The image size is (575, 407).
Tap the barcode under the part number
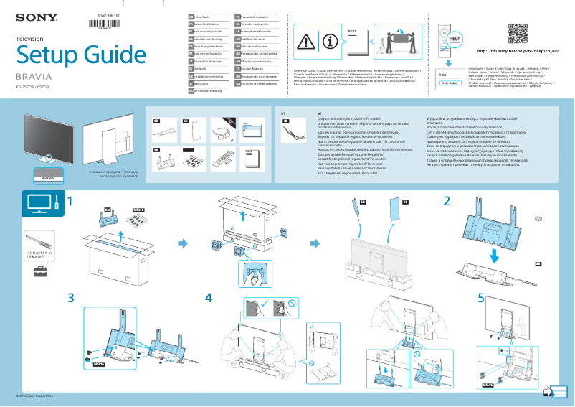pos(105,23)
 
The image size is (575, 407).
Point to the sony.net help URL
pos(515,52)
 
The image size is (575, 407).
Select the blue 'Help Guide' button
pos(450,83)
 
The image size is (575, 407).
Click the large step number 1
pos(70,201)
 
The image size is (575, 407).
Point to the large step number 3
pos(70,297)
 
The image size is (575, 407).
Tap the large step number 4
pos(209,297)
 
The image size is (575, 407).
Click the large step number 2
pos(447,201)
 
